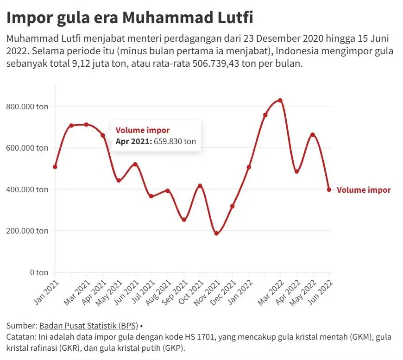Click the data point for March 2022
click(280, 101)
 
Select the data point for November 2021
click(216, 234)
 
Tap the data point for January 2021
click(55, 167)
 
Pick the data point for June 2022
click(329, 189)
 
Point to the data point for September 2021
click(184, 220)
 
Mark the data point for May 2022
click(313, 135)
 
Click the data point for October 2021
click(200, 186)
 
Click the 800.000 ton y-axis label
click(27, 107)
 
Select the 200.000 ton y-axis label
click(27, 231)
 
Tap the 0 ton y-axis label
click(39, 272)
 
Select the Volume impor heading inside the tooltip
click(143, 131)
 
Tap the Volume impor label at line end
click(364, 190)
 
